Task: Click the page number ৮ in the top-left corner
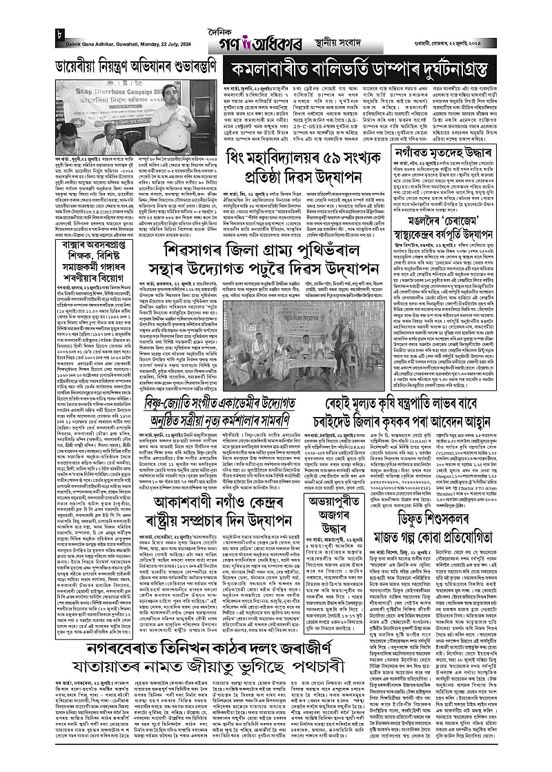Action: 60,34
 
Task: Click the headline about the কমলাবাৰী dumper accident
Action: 374,69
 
